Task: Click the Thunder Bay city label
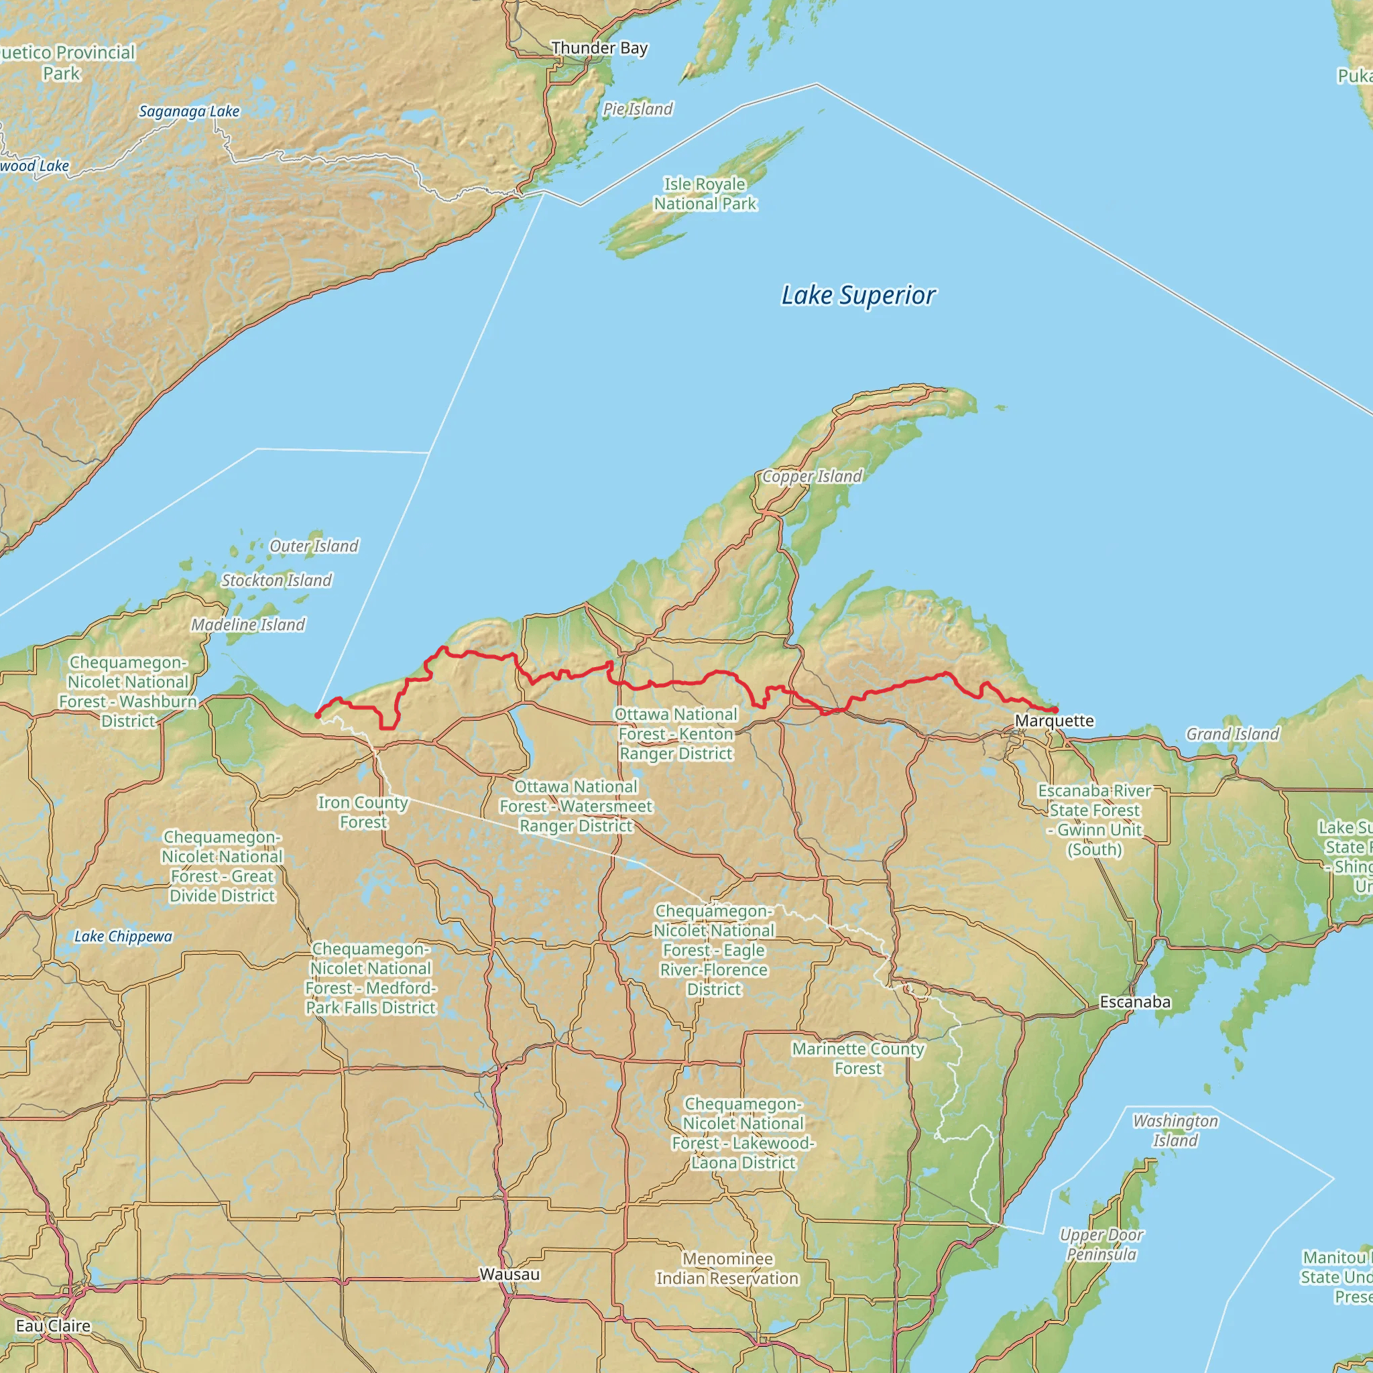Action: [x=599, y=48]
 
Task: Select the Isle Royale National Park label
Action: [x=705, y=194]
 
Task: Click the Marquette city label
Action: [x=1054, y=721]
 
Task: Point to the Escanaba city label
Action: [x=1134, y=1002]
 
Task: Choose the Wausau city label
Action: [x=510, y=1274]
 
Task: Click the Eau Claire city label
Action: [x=54, y=1325]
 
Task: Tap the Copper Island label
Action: [x=812, y=476]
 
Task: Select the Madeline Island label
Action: [x=248, y=625]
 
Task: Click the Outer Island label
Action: [x=314, y=546]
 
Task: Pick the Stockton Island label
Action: [x=276, y=581]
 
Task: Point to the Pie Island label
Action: [x=638, y=109]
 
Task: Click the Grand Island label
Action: [x=1232, y=734]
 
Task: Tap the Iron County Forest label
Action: [x=363, y=813]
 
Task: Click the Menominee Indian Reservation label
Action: [x=727, y=1268]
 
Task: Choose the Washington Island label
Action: [x=1175, y=1131]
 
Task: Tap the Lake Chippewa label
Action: [x=123, y=937]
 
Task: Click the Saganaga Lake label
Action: [x=189, y=111]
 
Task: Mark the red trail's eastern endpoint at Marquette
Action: [x=1055, y=710]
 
